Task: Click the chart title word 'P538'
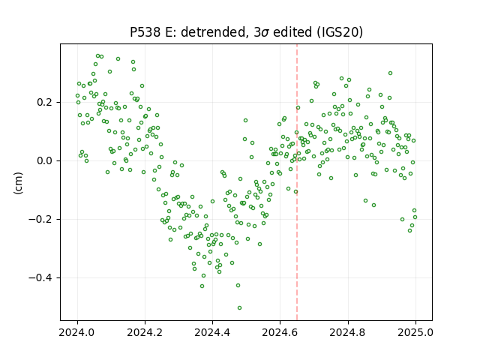tap(145, 31)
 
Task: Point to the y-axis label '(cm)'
tap(18, 183)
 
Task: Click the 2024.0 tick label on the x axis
tap(77, 332)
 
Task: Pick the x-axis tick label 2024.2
tap(145, 332)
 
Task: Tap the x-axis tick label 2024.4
tap(212, 332)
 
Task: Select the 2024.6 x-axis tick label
tap(280, 332)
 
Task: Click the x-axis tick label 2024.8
tap(348, 332)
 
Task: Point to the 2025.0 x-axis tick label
tap(415, 332)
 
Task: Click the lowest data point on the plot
tap(239, 307)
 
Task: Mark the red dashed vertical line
tap(297, 182)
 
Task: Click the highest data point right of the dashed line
tap(390, 73)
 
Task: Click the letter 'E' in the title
tap(168, 32)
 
